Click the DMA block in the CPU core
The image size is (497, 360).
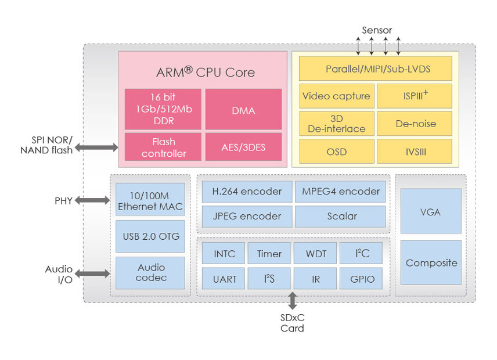(243, 109)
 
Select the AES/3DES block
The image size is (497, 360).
(243, 147)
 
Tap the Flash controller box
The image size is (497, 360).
(164, 147)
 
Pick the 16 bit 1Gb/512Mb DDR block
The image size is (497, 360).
(163, 109)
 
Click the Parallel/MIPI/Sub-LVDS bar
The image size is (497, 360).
(375, 69)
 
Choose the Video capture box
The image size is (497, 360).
(336, 96)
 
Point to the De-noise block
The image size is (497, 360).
(415, 123)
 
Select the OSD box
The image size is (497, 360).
(336, 150)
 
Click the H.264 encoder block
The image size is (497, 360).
(246, 192)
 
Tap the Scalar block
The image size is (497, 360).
(341, 216)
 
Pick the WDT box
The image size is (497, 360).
(315, 254)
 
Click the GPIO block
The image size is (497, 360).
(361, 279)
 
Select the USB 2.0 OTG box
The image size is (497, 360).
(150, 236)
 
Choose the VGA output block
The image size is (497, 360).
(431, 212)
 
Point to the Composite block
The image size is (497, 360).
(431, 262)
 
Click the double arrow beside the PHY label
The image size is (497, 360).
(92, 200)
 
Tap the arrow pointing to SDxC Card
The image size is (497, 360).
(293, 300)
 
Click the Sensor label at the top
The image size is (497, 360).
(377, 30)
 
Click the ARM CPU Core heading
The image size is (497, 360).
(206, 73)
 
